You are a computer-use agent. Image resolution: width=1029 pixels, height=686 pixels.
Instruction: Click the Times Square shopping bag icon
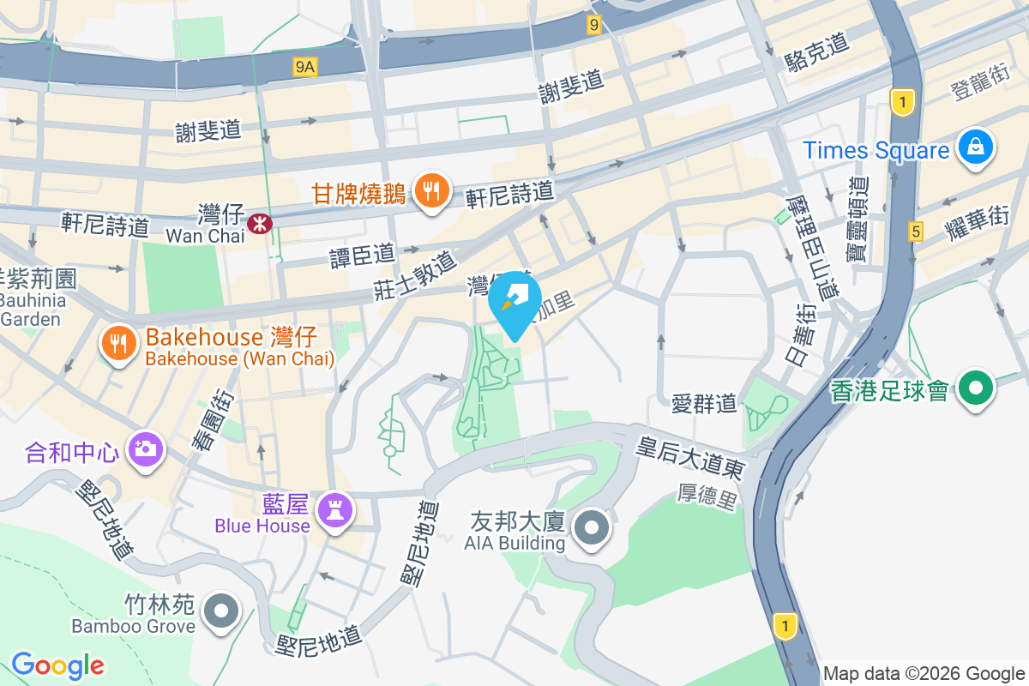pyautogui.click(x=976, y=147)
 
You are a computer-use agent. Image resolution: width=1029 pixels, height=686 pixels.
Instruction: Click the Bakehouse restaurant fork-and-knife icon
pyautogui.click(x=118, y=343)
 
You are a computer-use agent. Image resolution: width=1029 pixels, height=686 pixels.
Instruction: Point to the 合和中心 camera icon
pyautogui.click(x=145, y=448)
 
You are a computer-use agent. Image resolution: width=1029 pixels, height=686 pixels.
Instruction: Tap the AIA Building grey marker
pyautogui.click(x=593, y=528)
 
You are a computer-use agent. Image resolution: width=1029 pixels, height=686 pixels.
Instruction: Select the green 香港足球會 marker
pyautogui.click(x=975, y=388)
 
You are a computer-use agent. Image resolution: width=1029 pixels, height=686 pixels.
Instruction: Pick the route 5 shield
pyautogui.click(x=916, y=231)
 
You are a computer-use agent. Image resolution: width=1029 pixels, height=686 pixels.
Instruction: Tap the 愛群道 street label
pyautogui.click(x=703, y=402)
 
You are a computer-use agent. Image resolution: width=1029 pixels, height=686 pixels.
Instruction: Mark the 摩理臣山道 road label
pyautogui.click(x=810, y=245)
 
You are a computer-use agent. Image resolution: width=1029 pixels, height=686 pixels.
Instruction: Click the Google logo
pyautogui.click(x=57, y=665)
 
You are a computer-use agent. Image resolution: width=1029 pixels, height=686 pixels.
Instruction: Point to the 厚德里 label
pyautogui.click(x=707, y=495)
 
